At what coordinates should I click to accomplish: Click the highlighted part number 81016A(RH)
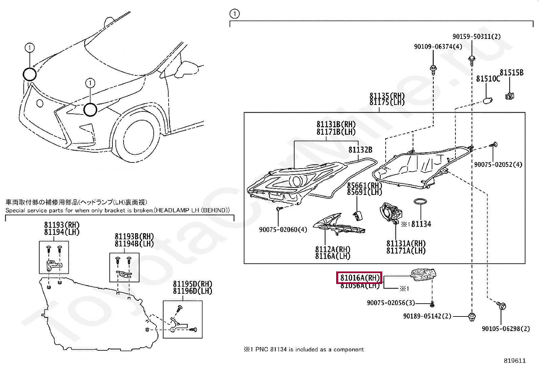pyautogui.click(x=359, y=278)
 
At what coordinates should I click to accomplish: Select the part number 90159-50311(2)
pyautogui.click(x=476, y=37)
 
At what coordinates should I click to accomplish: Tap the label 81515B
pyautogui.click(x=511, y=73)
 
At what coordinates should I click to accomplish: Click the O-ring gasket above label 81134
pyautogui.click(x=420, y=202)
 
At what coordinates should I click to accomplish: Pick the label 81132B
pyautogui.click(x=360, y=150)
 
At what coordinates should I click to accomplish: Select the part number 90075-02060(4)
pyautogui.click(x=283, y=230)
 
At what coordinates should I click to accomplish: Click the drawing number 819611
pyautogui.click(x=515, y=361)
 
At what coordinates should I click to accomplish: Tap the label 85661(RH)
pyautogui.click(x=364, y=185)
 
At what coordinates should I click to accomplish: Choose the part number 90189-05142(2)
pyautogui.click(x=427, y=316)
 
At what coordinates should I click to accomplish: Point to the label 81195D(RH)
pyautogui.click(x=192, y=284)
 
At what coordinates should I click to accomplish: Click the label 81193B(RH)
pyautogui.click(x=134, y=237)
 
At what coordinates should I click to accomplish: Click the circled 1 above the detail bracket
pyautogui.click(x=234, y=14)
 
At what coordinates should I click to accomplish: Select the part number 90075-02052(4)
pyautogui.click(x=498, y=165)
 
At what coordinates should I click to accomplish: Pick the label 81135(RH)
pyautogui.click(x=387, y=96)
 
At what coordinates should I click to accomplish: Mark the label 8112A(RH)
pyautogui.click(x=332, y=249)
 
